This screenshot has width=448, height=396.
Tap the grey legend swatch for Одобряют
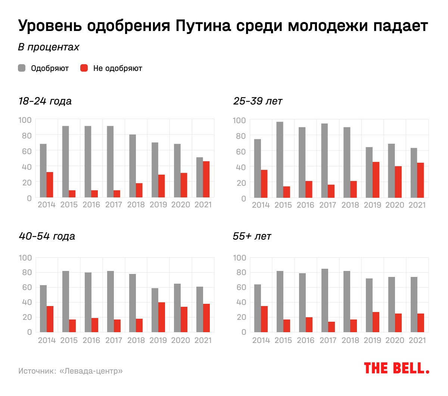[x=22, y=68]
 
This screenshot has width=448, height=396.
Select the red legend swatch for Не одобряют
[x=84, y=68]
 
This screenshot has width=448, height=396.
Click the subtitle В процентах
[x=49, y=47]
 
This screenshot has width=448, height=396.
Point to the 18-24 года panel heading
[x=45, y=101]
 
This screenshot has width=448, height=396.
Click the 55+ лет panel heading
[x=252, y=236]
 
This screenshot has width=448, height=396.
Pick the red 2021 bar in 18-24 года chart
[x=206, y=179]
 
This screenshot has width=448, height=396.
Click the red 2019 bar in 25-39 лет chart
[x=376, y=180]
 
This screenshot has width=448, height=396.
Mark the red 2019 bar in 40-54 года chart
[x=162, y=317]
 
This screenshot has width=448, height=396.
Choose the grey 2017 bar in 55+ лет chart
[x=324, y=300]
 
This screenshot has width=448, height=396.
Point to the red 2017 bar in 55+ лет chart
[x=332, y=327]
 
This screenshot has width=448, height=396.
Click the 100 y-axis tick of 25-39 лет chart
[x=239, y=121]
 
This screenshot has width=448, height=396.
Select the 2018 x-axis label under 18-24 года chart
[x=136, y=205]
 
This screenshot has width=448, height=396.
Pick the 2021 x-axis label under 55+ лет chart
[x=417, y=340]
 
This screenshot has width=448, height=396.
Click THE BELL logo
[x=396, y=368]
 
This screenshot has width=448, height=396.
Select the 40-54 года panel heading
[x=47, y=236]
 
